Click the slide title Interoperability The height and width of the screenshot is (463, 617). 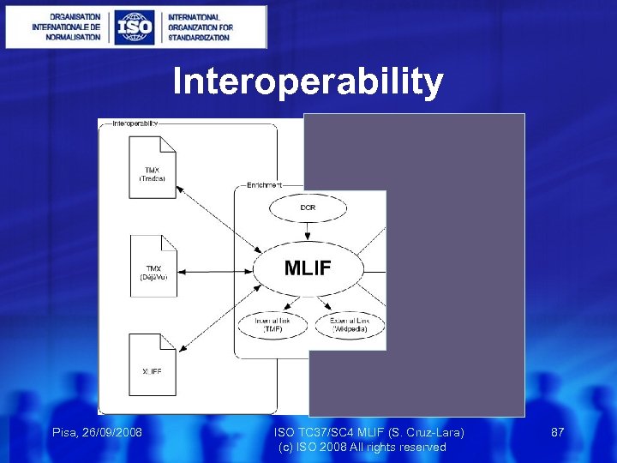point(308,82)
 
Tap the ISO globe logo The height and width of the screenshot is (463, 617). point(135,27)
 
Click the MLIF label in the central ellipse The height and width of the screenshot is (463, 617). point(308,268)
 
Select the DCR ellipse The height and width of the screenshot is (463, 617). point(307,208)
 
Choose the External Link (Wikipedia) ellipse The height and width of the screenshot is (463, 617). point(349,325)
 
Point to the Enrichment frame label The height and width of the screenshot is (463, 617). point(262,184)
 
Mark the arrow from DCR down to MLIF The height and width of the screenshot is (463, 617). point(307,231)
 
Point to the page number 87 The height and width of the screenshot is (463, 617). point(557,432)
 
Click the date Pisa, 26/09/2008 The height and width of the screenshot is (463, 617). point(97,432)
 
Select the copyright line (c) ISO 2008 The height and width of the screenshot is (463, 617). point(362,447)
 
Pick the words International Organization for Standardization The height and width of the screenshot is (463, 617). point(199,27)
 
